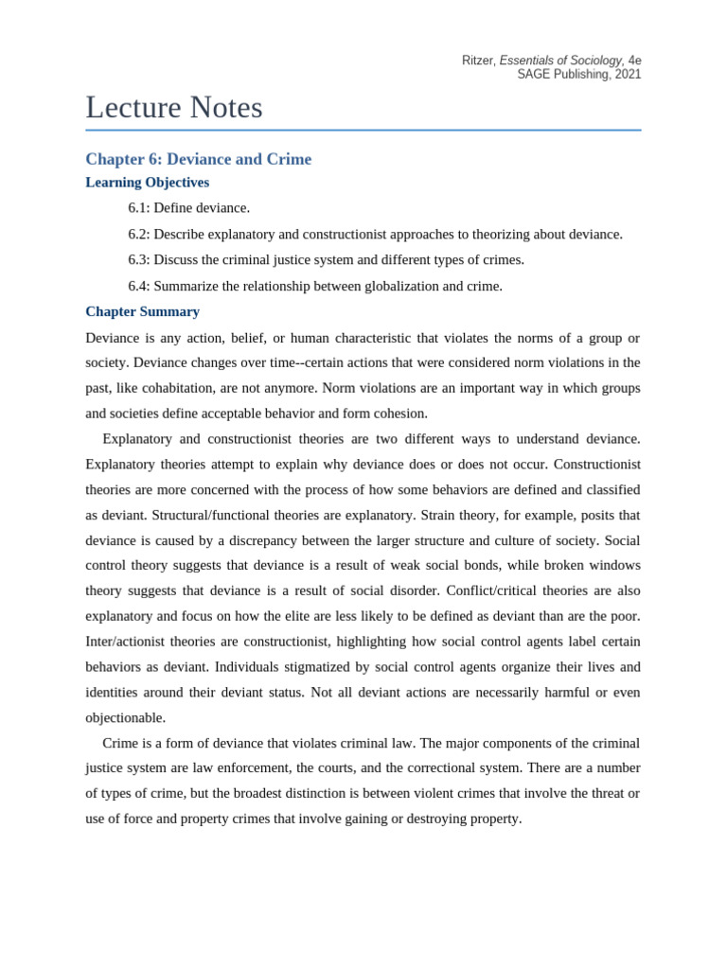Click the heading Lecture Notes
(x=174, y=108)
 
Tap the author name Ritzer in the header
(x=477, y=61)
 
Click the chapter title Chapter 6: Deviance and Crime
(x=198, y=159)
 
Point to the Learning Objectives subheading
(x=147, y=183)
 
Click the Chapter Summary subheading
(x=142, y=311)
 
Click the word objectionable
(x=124, y=718)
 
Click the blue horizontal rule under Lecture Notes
(x=363, y=130)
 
